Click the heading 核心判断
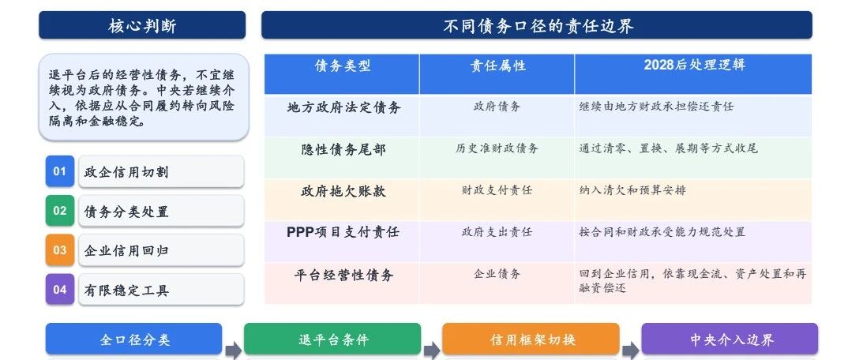coord(142,25)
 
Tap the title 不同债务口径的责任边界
coord(538,25)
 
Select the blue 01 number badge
coord(59,171)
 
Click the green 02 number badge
coord(59,211)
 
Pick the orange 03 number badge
coord(59,250)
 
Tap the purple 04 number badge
coord(59,289)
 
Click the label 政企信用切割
coord(126,172)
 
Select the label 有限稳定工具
coord(126,291)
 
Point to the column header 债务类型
coord(343,66)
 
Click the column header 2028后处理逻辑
coord(694,65)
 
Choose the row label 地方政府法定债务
coord(343,107)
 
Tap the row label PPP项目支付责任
coord(343,232)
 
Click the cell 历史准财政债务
coord(497,148)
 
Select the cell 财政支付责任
coord(497,189)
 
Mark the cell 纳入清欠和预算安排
coord(632,189)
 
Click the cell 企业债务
coord(497,273)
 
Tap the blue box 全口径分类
coord(133,339)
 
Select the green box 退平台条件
coord(332,339)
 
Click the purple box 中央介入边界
coord(730,339)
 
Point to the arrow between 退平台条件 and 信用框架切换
coord(432,351)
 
